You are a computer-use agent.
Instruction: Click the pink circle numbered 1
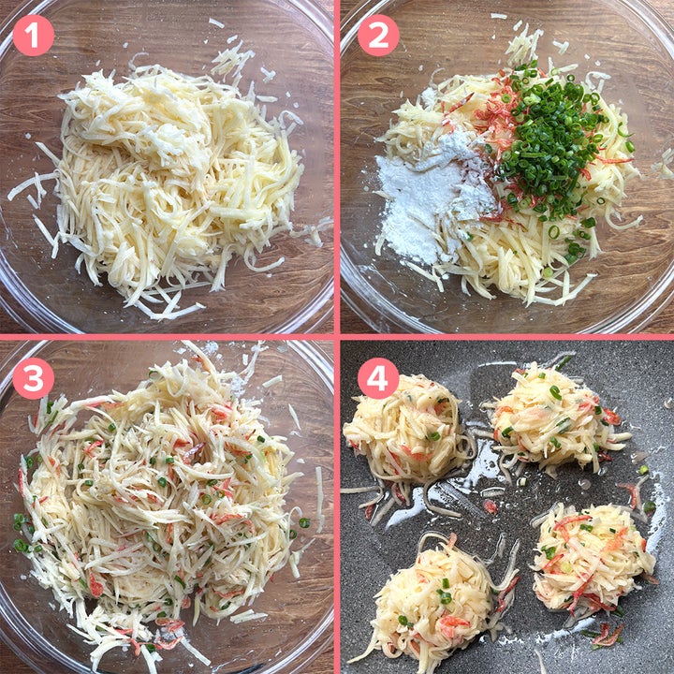tap(33, 36)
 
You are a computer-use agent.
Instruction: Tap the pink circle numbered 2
tap(378, 36)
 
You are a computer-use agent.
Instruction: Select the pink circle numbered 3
tap(33, 378)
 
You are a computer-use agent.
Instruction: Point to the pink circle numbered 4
tap(378, 378)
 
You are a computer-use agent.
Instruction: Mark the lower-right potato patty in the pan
tap(593, 559)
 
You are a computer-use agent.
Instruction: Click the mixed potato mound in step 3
tap(163, 507)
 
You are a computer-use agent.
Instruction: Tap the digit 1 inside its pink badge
tap(33, 37)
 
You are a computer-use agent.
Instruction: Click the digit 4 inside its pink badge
tap(378, 379)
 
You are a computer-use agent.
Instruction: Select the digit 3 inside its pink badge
tap(33, 379)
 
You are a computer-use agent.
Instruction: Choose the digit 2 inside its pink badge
tap(378, 37)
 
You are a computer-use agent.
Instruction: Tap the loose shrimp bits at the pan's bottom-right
tap(607, 636)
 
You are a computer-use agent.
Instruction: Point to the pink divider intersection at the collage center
tap(337, 337)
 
